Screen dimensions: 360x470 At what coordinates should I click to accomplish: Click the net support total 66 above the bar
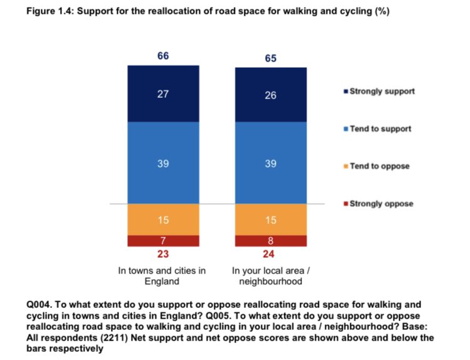pyautogui.click(x=163, y=56)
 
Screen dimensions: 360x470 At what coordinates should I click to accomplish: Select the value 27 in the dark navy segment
pyautogui.click(x=163, y=93)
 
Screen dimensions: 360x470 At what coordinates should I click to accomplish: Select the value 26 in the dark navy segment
pyautogui.click(x=271, y=95)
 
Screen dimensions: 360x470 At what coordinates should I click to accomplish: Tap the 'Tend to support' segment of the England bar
pyautogui.click(x=163, y=162)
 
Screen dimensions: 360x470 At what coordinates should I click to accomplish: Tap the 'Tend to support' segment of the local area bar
pyautogui.click(x=271, y=162)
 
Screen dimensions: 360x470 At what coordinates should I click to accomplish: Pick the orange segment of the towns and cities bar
pyautogui.click(x=163, y=220)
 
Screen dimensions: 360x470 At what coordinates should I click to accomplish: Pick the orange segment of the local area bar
pyautogui.click(x=271, y=220)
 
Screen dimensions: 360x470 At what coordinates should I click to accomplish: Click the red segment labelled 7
pyautogui.click(x=163, y=241)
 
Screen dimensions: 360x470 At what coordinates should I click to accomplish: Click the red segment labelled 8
pyautogui.click(x=271, y=241)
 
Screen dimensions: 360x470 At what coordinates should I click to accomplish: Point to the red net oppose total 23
pyautogui.click(x=163, y=255)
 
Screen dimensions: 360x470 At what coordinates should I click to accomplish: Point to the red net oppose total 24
pyautogui.click(x=271, y=255)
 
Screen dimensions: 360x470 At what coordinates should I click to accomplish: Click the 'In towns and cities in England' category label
pyautogui.click(x=163, y=276)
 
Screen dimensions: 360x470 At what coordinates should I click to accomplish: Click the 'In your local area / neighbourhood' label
pyautogui.click(x=271, y=276)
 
